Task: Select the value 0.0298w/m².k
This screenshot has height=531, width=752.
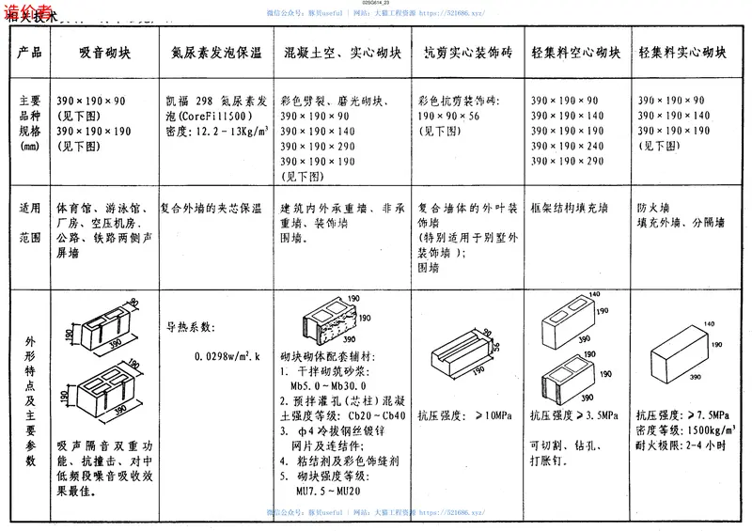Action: click(227, 356)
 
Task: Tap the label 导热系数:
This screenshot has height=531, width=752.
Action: click(192, 327)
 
